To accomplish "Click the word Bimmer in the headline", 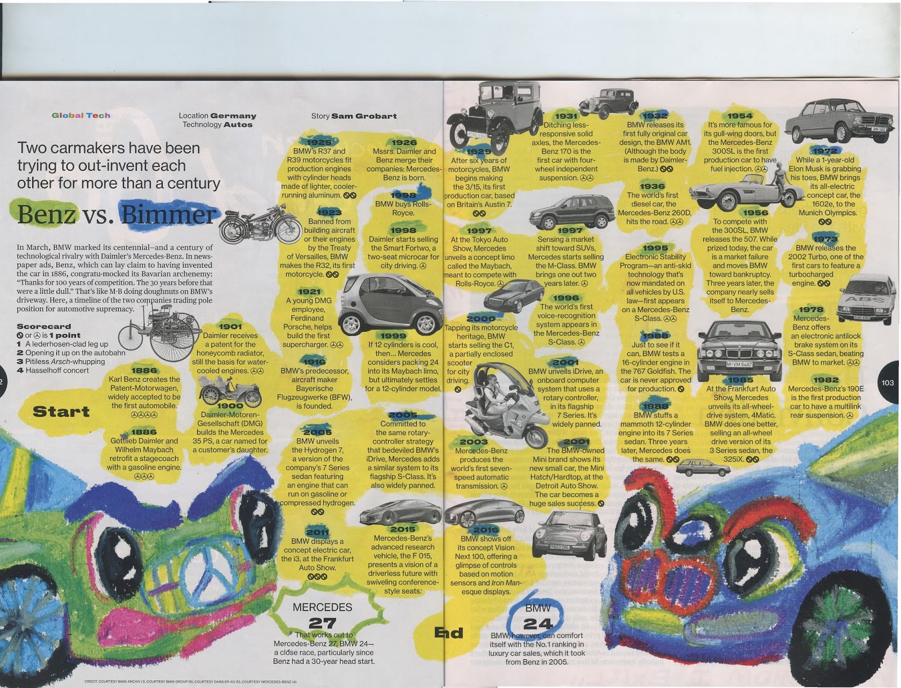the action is (168, 214).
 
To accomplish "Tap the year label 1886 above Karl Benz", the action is (144, 370).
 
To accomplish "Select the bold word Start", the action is (61, 411).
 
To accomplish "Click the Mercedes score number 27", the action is (322, 623).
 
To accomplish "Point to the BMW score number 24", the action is (538, 623).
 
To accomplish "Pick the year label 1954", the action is (740, 116).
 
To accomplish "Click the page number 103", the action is (887, 383).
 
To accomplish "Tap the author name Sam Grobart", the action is (364, 116).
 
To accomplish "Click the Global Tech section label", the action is (81, 116).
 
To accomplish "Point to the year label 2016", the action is (485, 530).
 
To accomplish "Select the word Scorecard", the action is (44, 326).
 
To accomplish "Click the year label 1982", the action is (826, 380).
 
